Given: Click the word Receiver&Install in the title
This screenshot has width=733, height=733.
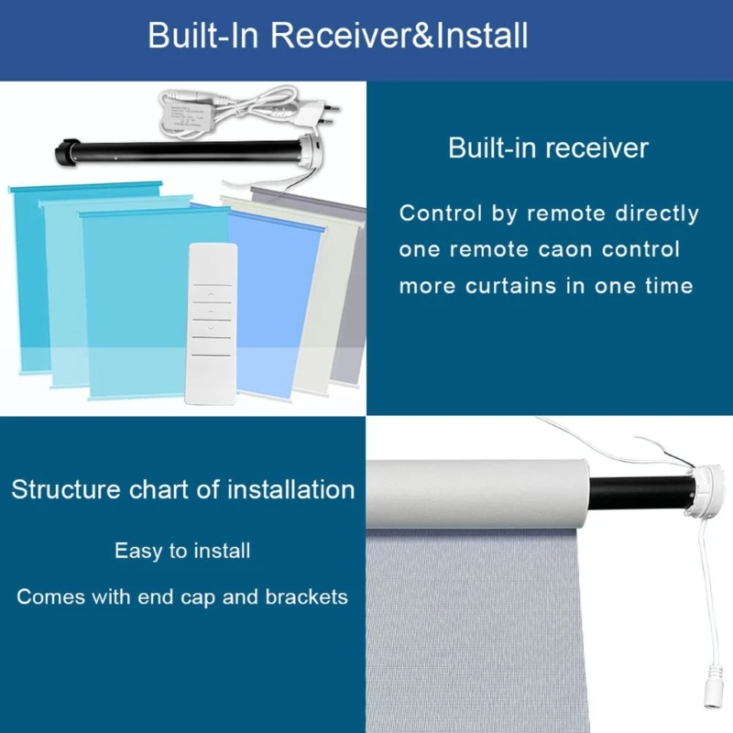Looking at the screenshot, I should (x=399, y=37).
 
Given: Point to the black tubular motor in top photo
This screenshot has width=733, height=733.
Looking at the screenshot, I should (x=183, y=148).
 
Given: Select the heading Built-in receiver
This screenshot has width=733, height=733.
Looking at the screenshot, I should (x=548, y=148).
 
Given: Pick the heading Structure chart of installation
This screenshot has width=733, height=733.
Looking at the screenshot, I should (x=183, y=489).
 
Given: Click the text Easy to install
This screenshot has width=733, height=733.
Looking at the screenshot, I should (x=182, y=551).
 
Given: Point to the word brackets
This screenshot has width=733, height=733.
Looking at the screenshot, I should (x=307, y=597).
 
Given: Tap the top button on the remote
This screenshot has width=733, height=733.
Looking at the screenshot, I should (x=211, y=294).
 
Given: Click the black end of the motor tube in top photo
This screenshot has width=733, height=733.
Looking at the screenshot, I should (x=67, y=151).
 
